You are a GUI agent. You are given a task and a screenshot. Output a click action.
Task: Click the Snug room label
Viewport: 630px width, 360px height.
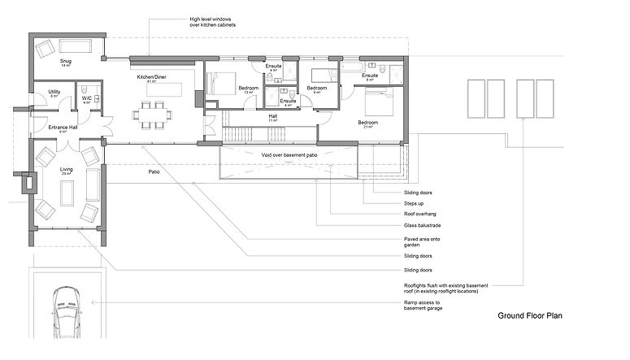(x=66, y=61)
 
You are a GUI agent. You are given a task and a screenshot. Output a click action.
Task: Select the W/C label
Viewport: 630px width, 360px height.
(x=86, y=99)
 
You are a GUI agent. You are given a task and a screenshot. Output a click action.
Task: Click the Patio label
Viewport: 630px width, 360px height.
(x=154, y=172)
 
